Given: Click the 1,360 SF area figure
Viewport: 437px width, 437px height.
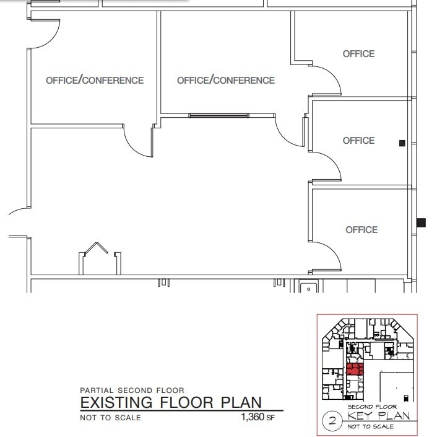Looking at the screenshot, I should coord(257,417).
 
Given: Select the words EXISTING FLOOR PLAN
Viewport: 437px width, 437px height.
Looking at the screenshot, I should coord(171,403).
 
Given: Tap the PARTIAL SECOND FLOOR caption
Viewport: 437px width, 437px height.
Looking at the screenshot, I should coord(132,391).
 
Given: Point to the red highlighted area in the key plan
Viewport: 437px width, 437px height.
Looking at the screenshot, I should coord(354,371).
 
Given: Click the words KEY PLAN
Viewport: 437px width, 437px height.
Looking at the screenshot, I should coord(379,416).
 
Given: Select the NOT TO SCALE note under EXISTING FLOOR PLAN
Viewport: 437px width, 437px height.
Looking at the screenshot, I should coord(110,418).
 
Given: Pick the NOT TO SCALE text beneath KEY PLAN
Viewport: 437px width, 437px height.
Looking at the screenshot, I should coord(371,426).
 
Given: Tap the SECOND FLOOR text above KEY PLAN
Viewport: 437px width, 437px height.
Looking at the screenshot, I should coord(371,407).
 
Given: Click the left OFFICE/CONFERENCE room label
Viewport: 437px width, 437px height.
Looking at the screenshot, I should coord(95,80).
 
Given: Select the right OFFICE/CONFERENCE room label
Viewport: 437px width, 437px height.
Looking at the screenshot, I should coord(226,80).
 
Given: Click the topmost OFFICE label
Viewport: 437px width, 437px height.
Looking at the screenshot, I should coord(358,54).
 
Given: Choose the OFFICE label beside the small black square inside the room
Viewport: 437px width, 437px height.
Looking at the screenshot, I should coord(358,141).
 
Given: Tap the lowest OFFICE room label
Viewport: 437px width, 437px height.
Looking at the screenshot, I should coord(361,230).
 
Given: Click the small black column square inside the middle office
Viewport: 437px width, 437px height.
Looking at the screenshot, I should coord(402,143).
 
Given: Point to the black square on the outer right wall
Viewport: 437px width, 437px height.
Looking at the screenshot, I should coord(422,223).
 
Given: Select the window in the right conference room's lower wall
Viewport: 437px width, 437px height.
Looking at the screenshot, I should coord(219,115).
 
